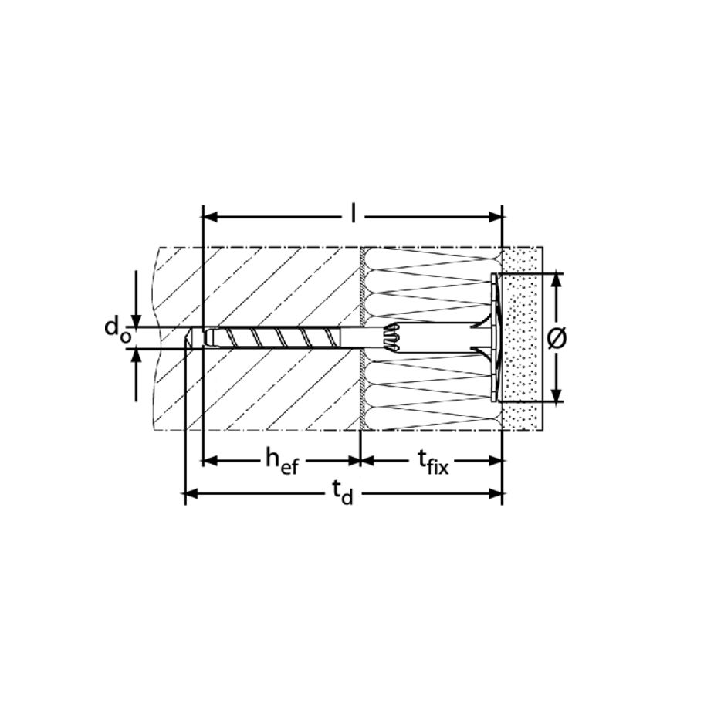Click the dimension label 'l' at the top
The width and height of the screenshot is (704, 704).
coord(354,214)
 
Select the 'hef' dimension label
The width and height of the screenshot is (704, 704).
coord(282,462)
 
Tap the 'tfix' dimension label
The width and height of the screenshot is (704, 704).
coord(433,462)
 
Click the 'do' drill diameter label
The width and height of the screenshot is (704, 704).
coord(117,331)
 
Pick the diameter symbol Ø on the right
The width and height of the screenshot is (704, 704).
coord(557,338)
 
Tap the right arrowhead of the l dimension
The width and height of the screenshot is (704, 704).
coord(496,218)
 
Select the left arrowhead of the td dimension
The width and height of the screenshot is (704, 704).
coord(191,494)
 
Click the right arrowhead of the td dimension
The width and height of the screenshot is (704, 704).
coord(496,494)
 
